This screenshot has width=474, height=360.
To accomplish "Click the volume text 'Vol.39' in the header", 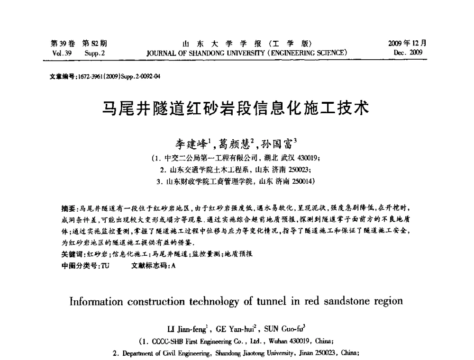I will (x=61, y=52).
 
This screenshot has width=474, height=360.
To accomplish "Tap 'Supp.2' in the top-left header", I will (x=95, y=52).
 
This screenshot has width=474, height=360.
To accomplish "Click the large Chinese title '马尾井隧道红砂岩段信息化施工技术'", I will (x=236, y=108).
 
